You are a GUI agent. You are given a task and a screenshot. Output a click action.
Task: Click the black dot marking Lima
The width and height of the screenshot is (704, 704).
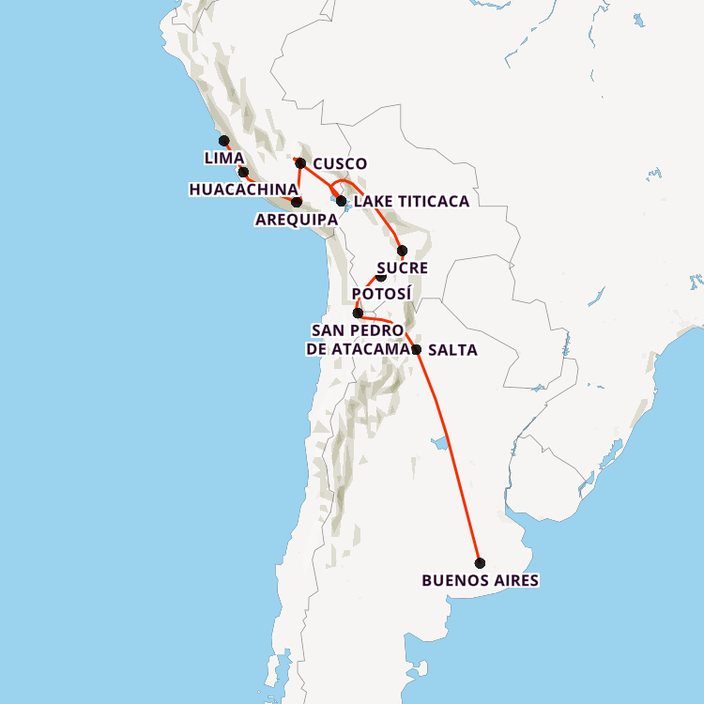224,141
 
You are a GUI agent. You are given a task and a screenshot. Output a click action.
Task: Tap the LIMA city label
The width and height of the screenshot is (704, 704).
224,158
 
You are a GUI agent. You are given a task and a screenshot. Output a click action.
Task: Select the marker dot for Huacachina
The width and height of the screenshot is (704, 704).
243,172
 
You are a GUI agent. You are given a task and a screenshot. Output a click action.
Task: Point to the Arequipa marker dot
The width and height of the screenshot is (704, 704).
297,202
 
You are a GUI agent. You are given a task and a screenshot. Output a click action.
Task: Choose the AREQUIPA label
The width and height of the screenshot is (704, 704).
297,220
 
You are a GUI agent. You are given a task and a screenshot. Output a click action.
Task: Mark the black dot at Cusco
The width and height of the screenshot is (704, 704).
300,163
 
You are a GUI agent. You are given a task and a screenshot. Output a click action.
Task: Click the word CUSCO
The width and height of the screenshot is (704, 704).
339,163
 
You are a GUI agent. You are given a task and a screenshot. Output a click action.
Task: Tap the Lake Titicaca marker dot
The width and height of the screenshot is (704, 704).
342,201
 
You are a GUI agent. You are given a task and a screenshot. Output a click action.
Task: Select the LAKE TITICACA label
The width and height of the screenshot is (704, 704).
411,201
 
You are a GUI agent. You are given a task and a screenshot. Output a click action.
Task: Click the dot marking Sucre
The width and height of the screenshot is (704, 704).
403,251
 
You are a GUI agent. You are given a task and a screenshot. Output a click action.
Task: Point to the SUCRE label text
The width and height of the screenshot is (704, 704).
403,268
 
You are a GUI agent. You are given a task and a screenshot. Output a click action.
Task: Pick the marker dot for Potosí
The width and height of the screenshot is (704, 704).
381,276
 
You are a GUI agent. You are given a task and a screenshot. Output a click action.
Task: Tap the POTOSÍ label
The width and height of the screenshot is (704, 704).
382,294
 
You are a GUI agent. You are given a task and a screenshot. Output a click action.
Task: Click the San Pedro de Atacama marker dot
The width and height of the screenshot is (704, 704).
358,314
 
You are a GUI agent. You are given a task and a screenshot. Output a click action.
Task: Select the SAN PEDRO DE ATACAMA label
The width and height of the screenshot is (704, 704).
358,340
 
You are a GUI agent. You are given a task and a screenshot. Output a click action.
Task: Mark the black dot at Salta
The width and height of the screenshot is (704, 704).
417,349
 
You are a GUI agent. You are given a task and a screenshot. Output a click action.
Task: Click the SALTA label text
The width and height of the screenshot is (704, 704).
452,350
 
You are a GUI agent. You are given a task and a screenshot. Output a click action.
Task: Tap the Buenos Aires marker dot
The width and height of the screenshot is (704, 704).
481,563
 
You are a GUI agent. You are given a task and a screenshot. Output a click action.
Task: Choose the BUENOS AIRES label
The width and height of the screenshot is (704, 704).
481,581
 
